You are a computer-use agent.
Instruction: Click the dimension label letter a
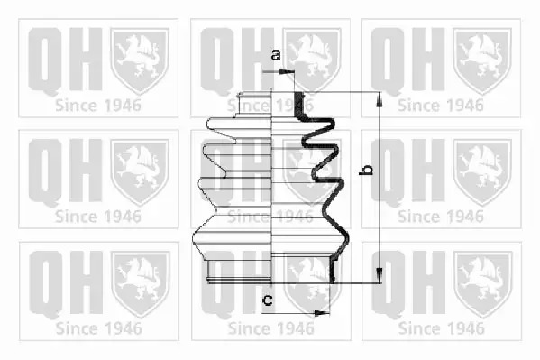point(276,54)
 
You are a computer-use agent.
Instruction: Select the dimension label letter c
point(268,300)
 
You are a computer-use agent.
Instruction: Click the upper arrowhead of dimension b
point(380,100)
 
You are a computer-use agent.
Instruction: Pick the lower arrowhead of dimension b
point(380,275)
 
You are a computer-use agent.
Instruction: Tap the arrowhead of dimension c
point(322,313)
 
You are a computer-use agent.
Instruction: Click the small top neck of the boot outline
point(254,106)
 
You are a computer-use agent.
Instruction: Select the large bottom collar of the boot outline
point(240,272)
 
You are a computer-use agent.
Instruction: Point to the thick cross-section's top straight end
point(298,104)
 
